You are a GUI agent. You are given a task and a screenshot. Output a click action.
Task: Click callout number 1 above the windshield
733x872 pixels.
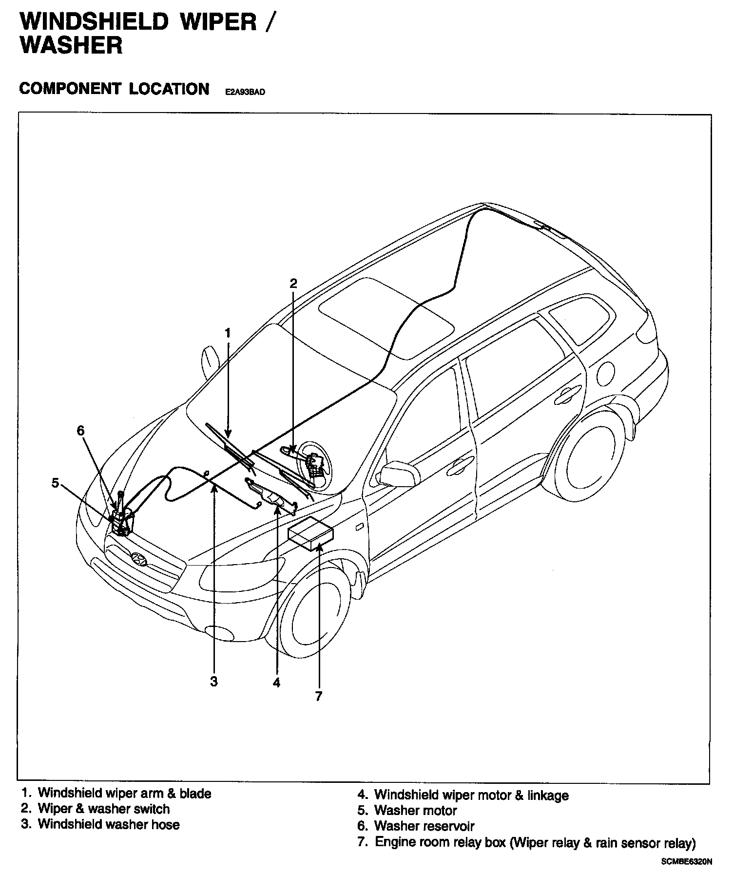227,333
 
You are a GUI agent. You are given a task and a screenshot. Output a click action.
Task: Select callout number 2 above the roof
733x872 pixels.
293,284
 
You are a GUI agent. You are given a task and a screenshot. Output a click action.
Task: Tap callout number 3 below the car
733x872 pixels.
214,682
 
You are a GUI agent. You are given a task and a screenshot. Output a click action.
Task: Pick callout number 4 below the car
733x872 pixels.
276,683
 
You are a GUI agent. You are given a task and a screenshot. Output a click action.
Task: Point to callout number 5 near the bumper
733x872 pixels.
55,483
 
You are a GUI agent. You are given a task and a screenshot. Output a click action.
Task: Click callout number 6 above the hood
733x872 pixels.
80,431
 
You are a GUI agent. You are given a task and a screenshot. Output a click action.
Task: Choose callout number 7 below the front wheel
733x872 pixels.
319,697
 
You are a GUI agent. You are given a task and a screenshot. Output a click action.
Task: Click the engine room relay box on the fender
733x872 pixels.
310,533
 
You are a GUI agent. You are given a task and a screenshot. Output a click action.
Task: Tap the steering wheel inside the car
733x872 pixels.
314,463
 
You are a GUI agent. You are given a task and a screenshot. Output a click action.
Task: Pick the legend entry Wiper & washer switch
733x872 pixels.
104,809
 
